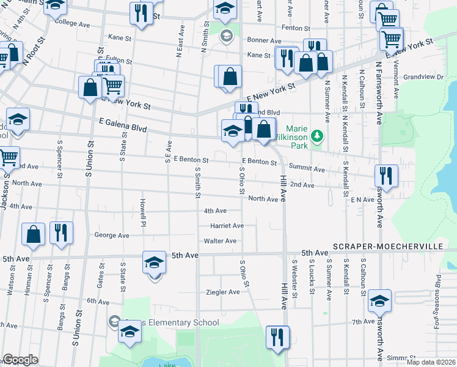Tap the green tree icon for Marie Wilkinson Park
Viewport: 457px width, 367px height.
point(316,135)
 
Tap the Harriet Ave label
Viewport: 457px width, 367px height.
point(227,226)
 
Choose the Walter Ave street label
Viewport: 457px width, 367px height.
point(220,241)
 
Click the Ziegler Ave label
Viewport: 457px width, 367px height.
point(223,292)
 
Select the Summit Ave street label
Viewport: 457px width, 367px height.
point(307,168)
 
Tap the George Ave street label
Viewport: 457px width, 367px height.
point(112,235)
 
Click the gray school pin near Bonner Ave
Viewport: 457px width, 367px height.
point(225,36)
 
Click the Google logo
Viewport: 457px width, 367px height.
point(20,360)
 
